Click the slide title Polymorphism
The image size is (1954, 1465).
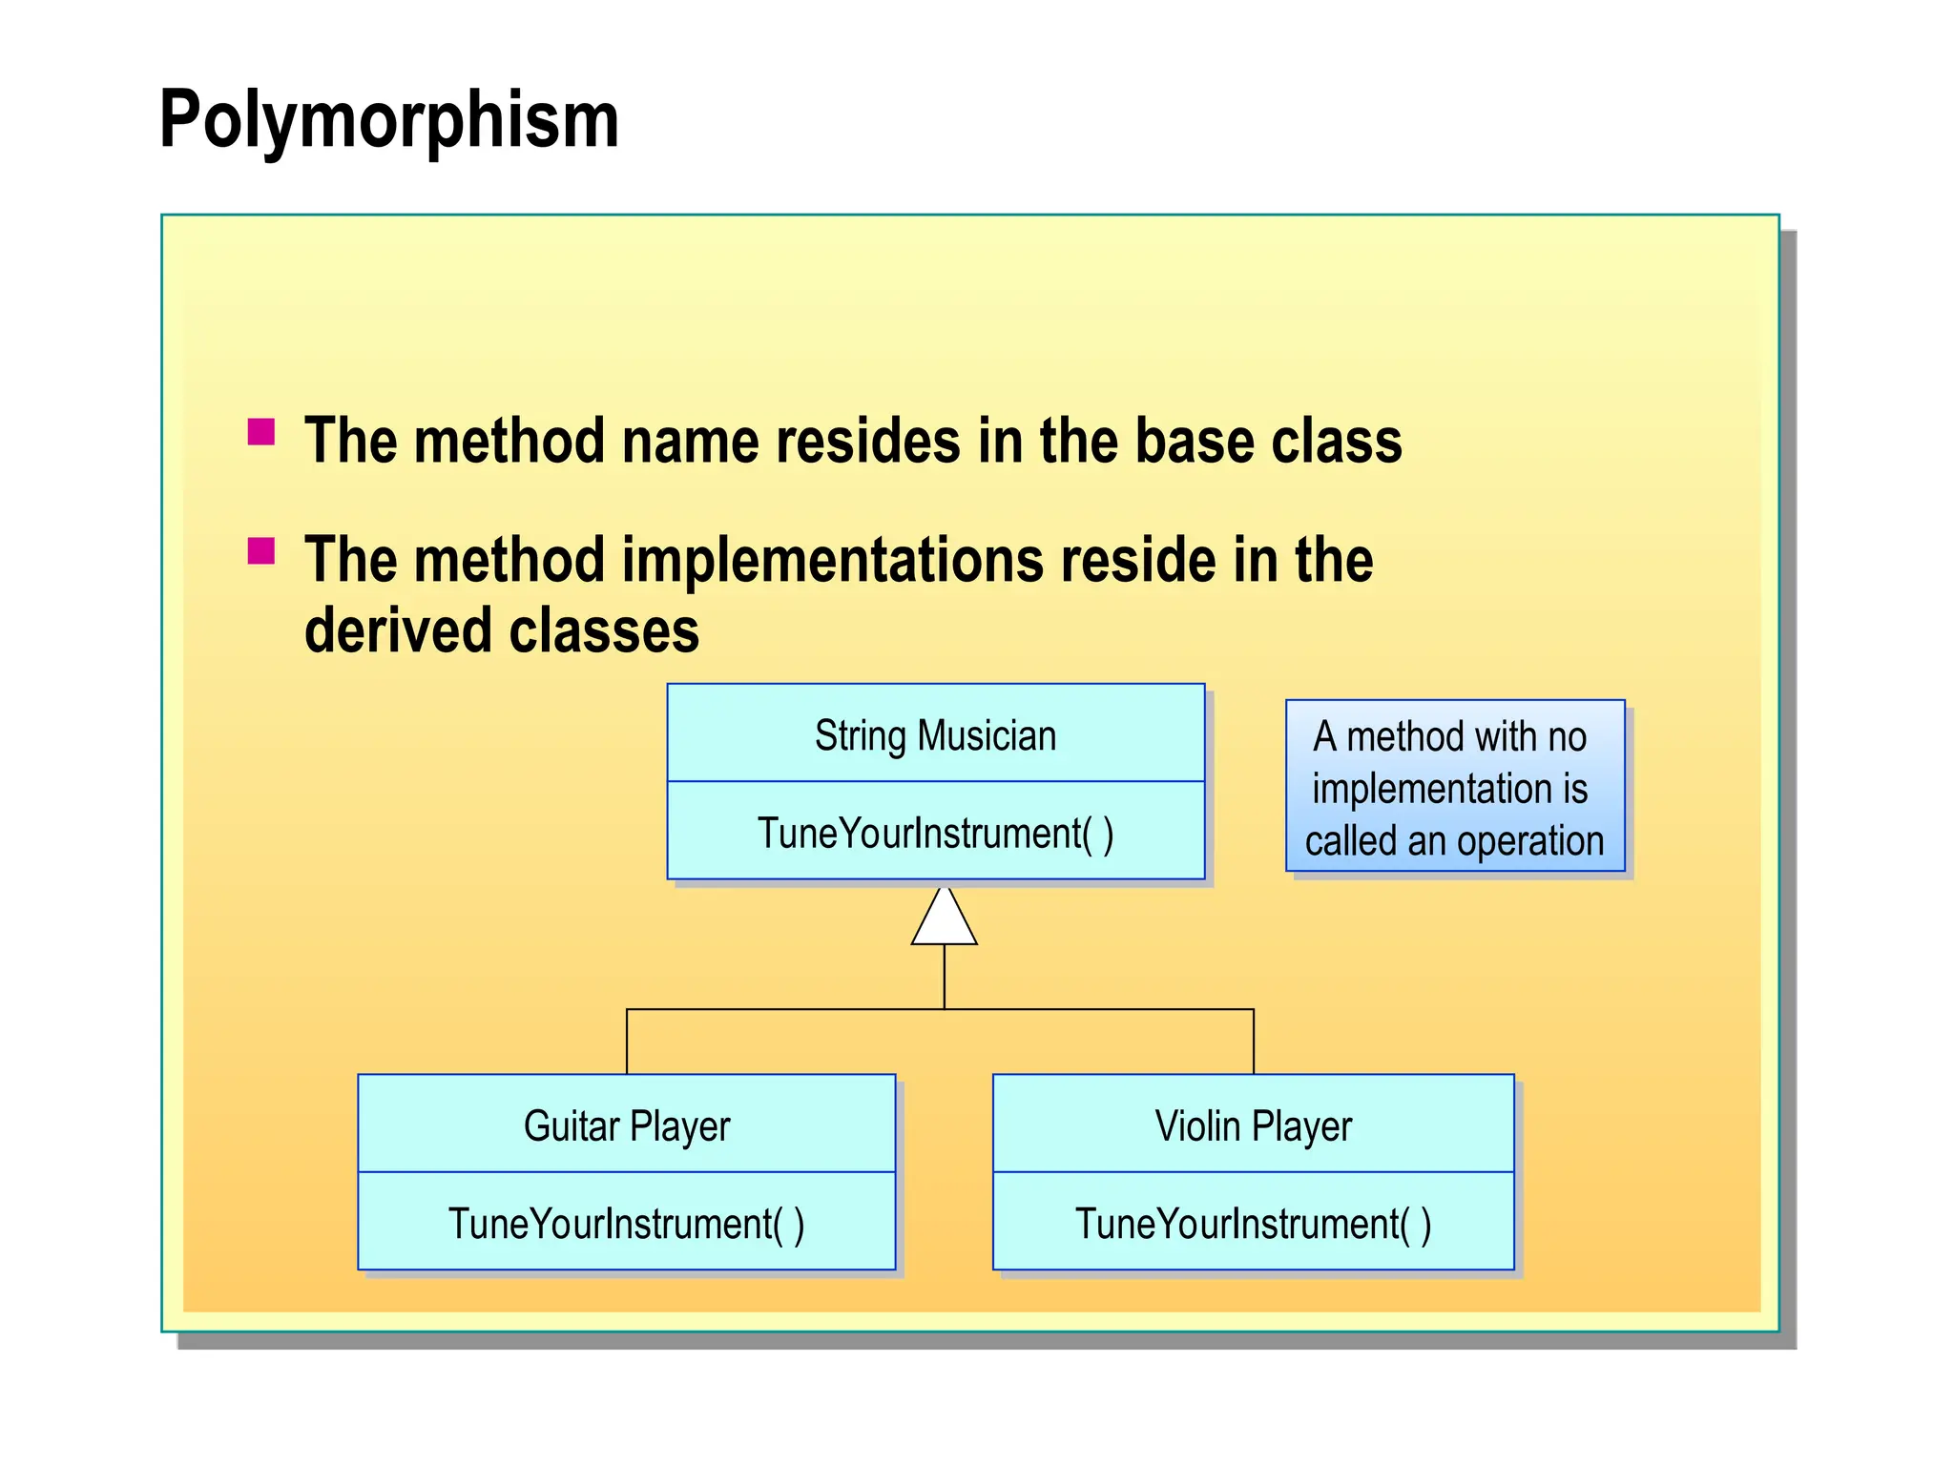click(x=389, y=120)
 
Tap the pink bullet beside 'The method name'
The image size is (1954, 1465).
click(x=261, y=432)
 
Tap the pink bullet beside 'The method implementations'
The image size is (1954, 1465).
click(x=261, y=551)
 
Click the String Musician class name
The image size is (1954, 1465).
click(x=935, y=736)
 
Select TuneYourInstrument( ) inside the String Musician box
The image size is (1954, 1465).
click(x=935, y=834)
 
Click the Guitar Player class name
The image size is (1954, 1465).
click(x=627, y=1126)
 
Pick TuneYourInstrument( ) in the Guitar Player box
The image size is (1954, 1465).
click(x=627, y=1225)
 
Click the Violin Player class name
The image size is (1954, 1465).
click(x=1253, y=1126)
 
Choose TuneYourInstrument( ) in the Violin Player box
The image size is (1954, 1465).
click(x=1253, y=1225)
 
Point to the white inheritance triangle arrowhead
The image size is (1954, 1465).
click(x=944, y=920)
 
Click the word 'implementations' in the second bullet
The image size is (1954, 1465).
click(x=833, y=560)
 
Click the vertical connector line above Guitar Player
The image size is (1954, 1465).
click(x=627, y=1042)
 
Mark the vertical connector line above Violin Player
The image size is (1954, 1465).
click(x=1254, y=1042)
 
